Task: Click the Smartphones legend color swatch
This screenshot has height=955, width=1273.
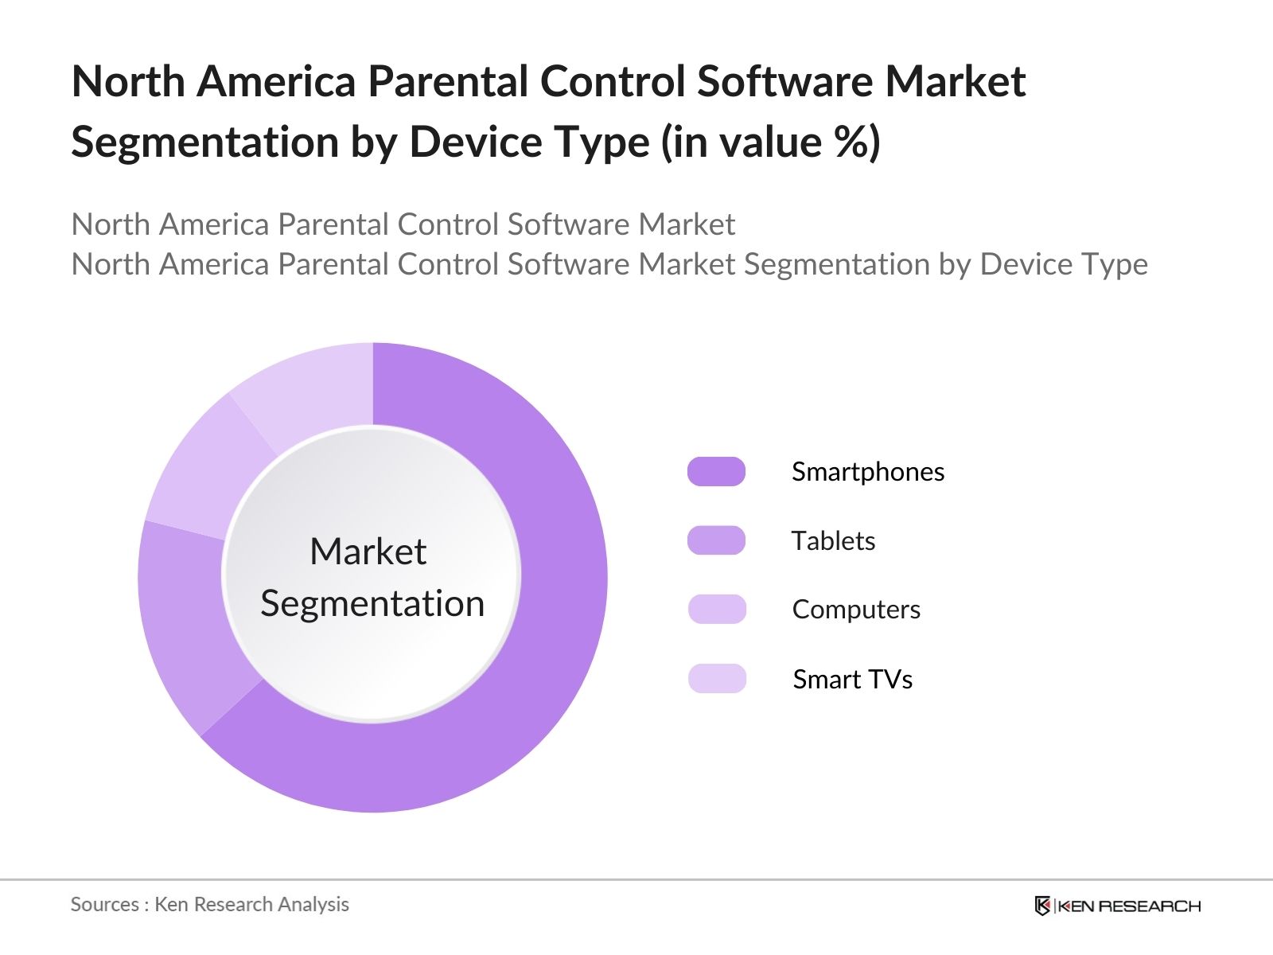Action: pyautogui.click(x=716, y=471)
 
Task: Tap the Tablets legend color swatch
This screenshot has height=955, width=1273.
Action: pyautogui.click(x=716, y=540)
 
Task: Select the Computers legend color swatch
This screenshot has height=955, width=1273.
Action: pyautogui.click(x=716, y=609)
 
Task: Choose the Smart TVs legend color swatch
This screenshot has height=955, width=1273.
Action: pyautogui.click(x=716, y=679)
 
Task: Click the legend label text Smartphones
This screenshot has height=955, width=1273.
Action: pyautogui.click(x=867, y=472)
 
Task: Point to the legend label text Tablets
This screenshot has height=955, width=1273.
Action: pyautogui.click(x=833, y=541)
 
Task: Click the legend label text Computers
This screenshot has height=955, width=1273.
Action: pyautogui.click(x=856, y=610)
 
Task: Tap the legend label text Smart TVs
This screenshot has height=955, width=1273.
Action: pyautogui.click(x=852, y=680)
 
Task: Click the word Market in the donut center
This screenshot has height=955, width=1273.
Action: pyautogui.click(x=368, y=552)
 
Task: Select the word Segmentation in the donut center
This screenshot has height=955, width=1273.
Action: pyautogui.click(x=372, y=603)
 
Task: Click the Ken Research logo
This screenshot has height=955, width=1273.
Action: pyautogui.click(x=1117, y=906)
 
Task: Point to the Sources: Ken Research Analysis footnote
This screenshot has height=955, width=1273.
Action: pyautogui.click(x=209, y=904)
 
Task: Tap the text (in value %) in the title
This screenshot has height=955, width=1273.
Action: pyautogui.click(x=770, y=142)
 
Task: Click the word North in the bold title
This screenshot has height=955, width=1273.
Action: pyautogui.click(x=128, y=81)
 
